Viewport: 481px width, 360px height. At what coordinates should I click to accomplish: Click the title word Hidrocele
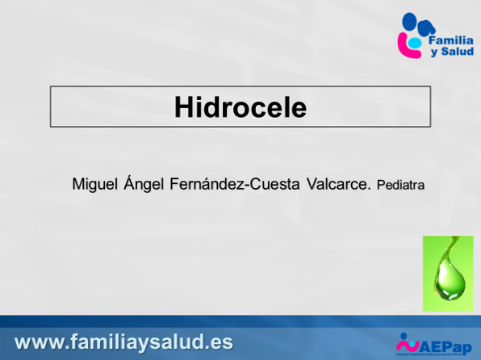pos(240,107)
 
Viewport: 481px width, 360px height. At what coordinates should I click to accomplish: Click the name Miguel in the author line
pos(93,184)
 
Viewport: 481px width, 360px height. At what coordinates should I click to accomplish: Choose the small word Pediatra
pos(400,185)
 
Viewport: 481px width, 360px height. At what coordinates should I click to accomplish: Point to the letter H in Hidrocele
pos(184,107)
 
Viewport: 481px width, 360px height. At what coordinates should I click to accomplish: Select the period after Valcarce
pos(370,190)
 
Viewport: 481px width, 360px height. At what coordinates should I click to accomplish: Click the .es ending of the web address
pos(219,341)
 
